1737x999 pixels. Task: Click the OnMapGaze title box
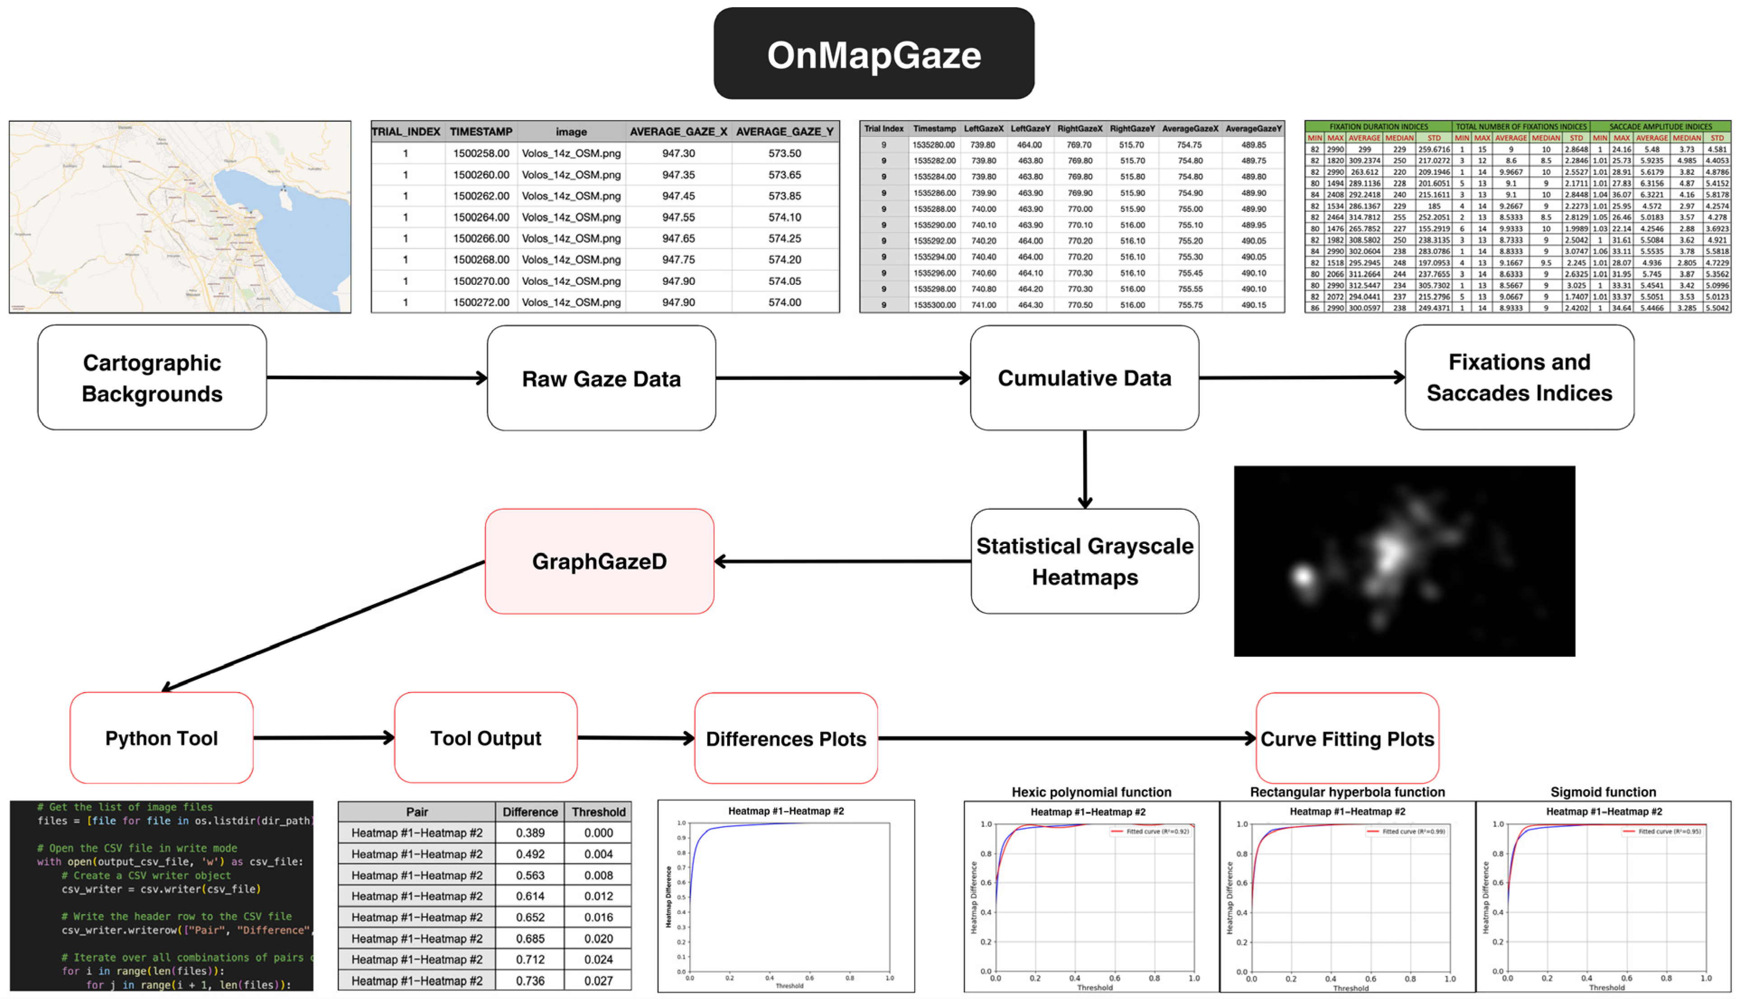click(873, 54)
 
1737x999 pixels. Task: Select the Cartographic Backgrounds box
click(152, 377)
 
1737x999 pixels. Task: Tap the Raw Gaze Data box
click(601, 378)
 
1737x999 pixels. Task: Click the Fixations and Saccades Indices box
click(1519, 377)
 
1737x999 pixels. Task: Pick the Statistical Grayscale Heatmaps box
click(1084, 561)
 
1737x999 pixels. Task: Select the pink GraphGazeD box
click(599, 561)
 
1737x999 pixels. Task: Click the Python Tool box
click(161, 738)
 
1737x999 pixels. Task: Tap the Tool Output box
click(485, 738)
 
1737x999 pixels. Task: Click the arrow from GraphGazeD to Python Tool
click(322, 626)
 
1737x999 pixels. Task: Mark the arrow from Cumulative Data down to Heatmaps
click(1084, 470)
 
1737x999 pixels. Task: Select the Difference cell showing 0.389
click(530, 833)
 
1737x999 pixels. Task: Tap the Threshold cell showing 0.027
click(598, 981)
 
